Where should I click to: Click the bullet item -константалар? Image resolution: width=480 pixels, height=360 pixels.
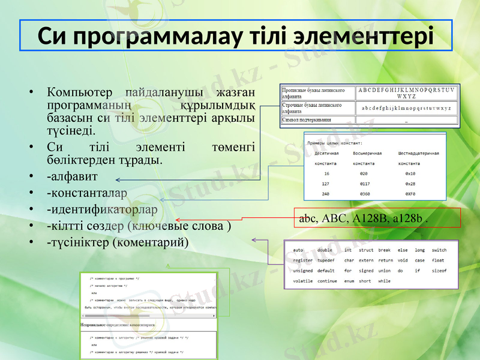point(87,193)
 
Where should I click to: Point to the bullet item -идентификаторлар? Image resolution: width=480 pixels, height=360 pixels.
point(102,210)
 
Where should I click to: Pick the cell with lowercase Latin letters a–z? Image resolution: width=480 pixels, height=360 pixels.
point(406,108)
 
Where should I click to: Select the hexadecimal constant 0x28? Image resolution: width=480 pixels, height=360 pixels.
point(410,184)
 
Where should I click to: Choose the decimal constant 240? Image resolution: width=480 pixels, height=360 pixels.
point(326,194)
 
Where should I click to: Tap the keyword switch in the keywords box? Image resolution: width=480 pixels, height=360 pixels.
point(439,250)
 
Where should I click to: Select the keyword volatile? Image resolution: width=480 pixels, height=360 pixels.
point(303,281)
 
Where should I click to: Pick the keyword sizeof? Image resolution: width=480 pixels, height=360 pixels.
point(439,271)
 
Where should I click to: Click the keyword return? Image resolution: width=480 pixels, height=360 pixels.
point(385,260)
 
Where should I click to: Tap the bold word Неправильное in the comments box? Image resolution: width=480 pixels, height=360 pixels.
point(94,325)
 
